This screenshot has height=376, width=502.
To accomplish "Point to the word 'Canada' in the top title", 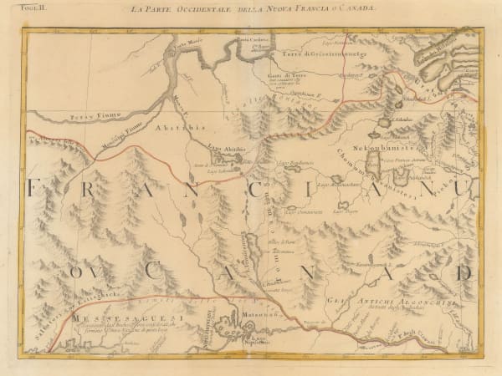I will [356, 8].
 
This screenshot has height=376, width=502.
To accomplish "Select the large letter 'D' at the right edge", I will [464, 272].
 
